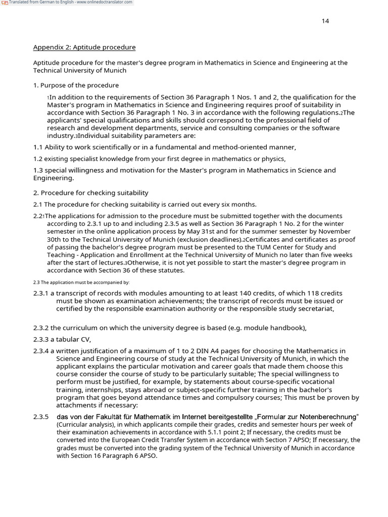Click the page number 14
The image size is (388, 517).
(325, 21)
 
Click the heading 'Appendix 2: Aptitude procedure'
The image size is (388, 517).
(84, 47)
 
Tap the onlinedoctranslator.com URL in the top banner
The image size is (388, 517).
(105, 2)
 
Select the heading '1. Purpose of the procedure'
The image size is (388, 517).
(76, 85)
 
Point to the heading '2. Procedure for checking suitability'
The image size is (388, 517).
(90, 193)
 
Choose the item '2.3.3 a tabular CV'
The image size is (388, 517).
(62, 339)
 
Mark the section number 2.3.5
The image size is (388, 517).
(41, 417)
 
